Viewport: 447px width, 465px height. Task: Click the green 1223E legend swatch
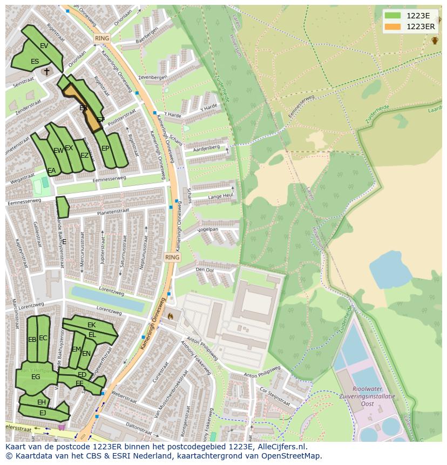tap(393, 16)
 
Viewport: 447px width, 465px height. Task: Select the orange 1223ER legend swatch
tap(393, 26)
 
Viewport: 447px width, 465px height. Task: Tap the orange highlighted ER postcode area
tap(86, 111)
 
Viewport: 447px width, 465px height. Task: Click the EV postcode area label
tap(44, 46)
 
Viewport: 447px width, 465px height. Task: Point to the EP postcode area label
tap(105, 149)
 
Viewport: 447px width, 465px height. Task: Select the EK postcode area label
tap(91, 325)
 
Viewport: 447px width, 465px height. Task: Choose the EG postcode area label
tap(36, 377)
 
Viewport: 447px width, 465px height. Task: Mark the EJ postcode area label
tap(43, 413)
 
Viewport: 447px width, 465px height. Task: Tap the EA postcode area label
tap(52, 171)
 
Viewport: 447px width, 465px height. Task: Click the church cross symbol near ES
tap(46, 71)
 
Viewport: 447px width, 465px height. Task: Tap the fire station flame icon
tap(171, 316)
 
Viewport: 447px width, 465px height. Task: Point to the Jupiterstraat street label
tap(102, 254)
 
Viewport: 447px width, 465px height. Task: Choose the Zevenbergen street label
tap(152, 78)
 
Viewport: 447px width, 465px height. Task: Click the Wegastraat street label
tap(22, 177)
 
